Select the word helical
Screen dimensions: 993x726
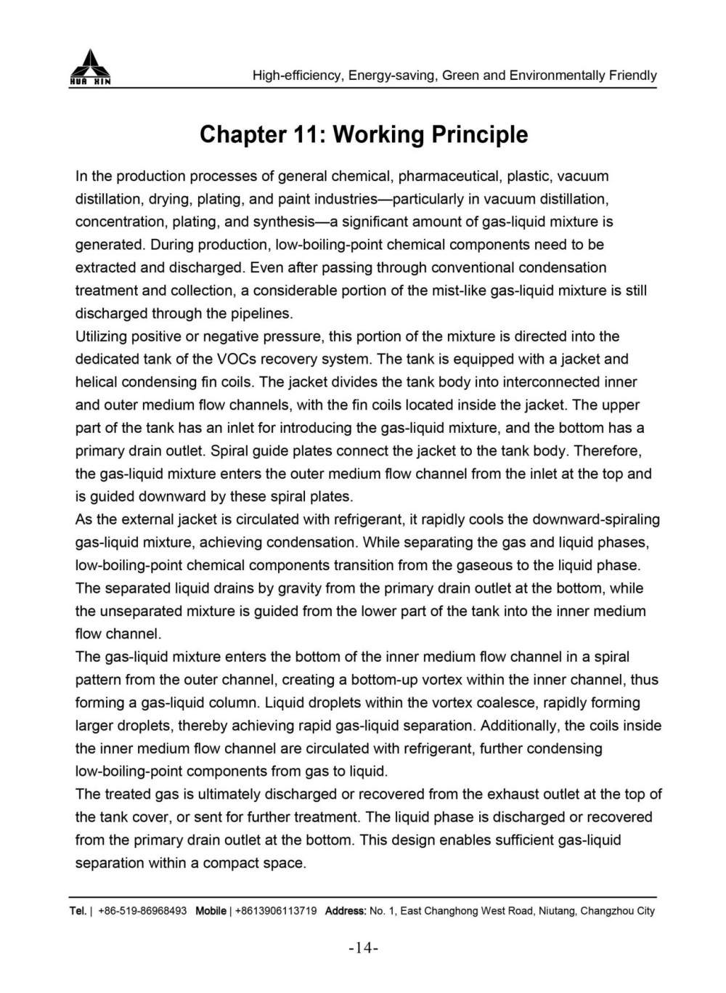click(97, 382)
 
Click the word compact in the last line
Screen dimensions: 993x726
click(231, 863)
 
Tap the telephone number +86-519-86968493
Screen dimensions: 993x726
click(142, 911)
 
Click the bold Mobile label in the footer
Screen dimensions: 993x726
click(211, 911)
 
